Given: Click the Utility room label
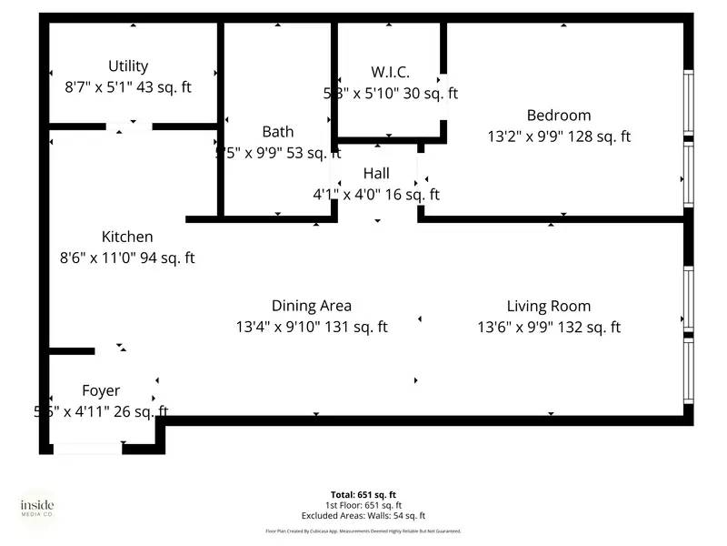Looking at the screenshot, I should tap(128, 66).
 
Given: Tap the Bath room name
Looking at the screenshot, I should tap(277, 132).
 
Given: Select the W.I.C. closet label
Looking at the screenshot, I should tap(391, 72).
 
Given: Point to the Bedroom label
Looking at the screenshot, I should tap(559, 116).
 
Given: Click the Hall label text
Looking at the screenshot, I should tap(376, 173).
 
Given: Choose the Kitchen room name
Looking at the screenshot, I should tap(127, 237).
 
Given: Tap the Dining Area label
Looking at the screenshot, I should tap(312, 306).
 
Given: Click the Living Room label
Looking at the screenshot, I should tap(549, 306).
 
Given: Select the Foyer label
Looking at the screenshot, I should tap(100, 390).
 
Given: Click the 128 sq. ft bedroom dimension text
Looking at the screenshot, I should tap(559, 136).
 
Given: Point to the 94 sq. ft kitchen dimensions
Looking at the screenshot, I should tap(127, 258).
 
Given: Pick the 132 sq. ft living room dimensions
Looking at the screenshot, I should tap(549, 327).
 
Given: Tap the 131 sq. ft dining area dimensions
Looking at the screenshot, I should tap(312, 327).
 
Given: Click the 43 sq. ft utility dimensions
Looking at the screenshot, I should tap(128, 87).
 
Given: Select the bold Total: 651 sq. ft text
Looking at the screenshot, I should tap(363, 495).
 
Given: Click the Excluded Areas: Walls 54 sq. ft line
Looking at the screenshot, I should tap(363, 515).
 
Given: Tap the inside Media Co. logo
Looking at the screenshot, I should tap(37, 508).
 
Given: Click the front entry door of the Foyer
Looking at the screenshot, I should tap(88, 448).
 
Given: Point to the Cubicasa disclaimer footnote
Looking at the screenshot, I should tap(363, 531).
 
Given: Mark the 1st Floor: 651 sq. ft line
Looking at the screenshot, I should tap(363, 505).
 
